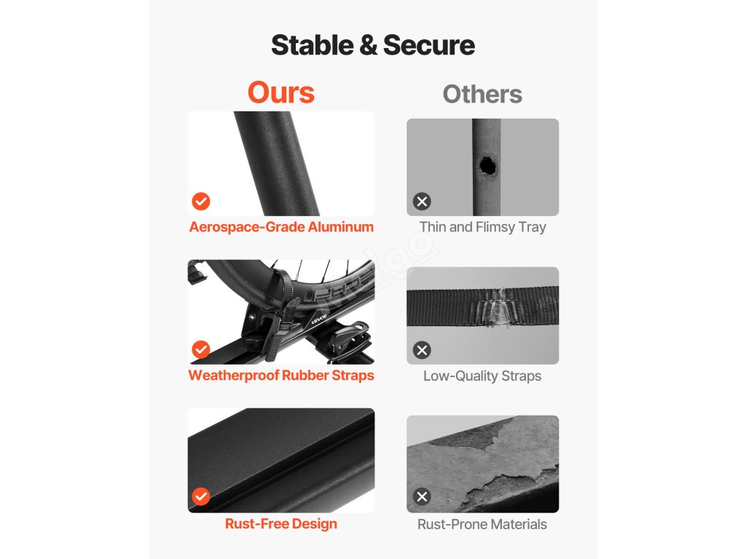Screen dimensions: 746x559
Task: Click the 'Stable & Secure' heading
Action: (373, 45)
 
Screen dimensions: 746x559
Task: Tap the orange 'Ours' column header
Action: (280, 92)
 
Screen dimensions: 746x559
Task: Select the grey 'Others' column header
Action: (482, 94)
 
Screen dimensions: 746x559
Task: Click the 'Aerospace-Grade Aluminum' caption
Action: (281, 227)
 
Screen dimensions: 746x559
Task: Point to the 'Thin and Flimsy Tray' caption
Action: (482, 227)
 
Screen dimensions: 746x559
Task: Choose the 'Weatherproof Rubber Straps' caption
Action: (281, 376)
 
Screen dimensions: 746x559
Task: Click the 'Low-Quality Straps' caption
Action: (482, 376)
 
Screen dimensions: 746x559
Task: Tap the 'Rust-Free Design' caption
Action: (281, 524)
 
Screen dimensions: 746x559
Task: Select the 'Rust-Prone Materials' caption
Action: (482, 524)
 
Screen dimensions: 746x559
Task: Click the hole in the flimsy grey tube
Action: (487, 167)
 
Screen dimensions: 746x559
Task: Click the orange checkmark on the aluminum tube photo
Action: (201, 201)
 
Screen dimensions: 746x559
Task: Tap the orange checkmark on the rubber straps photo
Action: (201, 349)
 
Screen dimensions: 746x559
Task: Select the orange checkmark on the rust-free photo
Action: (201, 496)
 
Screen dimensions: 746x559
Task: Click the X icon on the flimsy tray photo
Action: (422, 201)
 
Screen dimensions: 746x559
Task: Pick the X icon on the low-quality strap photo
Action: (422, 350)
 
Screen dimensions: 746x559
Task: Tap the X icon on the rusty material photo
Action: (422, 496)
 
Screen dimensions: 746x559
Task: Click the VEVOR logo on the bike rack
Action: (319, 319)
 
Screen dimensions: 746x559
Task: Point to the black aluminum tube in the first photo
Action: (278, 164)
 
